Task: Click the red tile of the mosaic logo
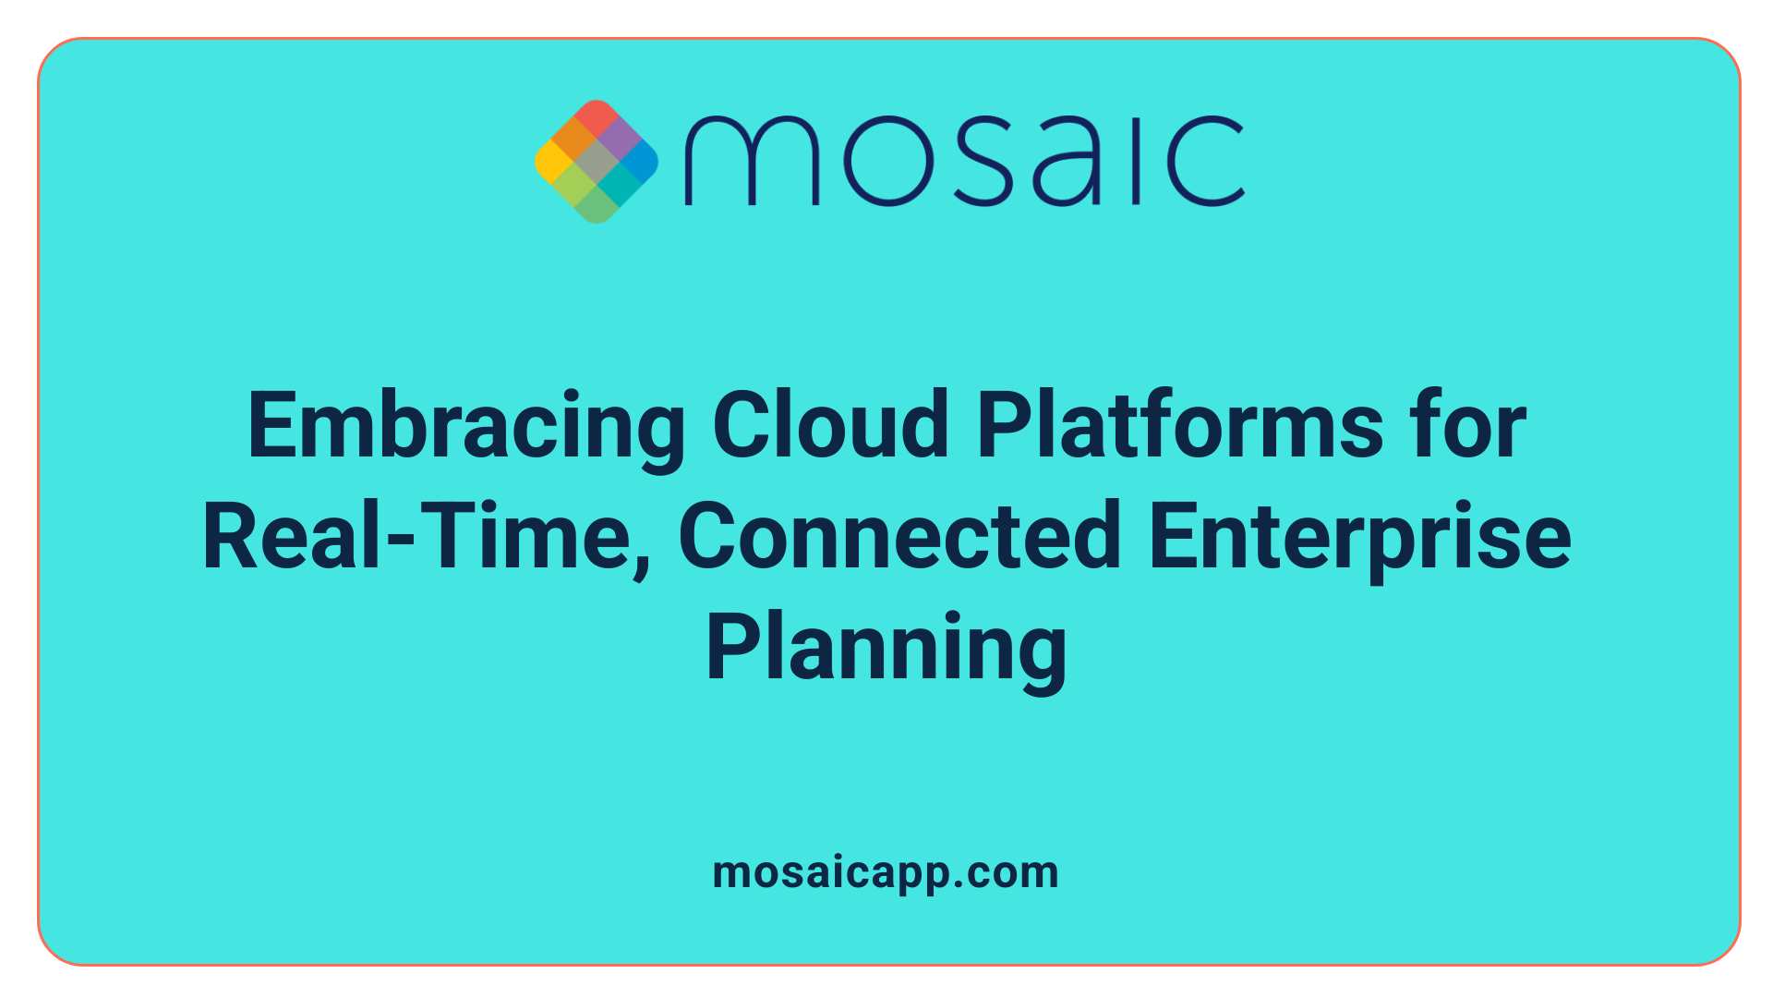tap(597, 117)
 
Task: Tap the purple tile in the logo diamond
tap(619, 140)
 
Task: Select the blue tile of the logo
tap(640, 162)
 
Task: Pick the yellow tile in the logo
tap(553, 162)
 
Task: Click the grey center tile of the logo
tap(597, 162)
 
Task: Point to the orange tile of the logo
tap(574, 140)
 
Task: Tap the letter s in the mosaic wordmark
tap(980, 161)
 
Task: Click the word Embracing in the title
tap(466, 427)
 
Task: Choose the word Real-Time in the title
tap(416, 536)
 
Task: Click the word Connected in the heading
tap(900, 536)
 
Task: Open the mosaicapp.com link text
tap(886, 873)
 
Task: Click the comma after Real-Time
tap(642, 566)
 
